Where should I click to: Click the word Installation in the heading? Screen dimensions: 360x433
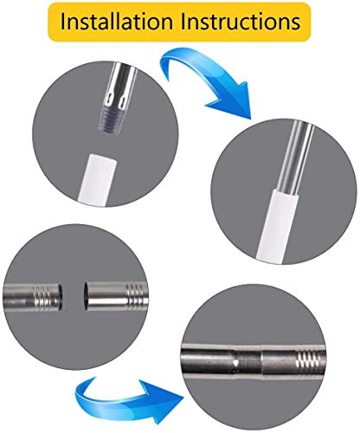tap(116, 22)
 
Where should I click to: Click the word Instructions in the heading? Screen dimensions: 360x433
tap(240, 22)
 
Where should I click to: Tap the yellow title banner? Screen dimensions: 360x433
tap(179, 22)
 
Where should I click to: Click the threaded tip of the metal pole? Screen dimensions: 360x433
tap(112, 121)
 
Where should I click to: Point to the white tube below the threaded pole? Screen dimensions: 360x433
tap(98, 179)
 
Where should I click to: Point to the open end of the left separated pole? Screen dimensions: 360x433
tap(61, 297)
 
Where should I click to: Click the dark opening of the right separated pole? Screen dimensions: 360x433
tap(87, 296)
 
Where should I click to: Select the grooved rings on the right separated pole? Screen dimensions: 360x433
tap(136, 296)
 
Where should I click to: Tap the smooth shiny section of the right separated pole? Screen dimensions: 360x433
tap(106, 296)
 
